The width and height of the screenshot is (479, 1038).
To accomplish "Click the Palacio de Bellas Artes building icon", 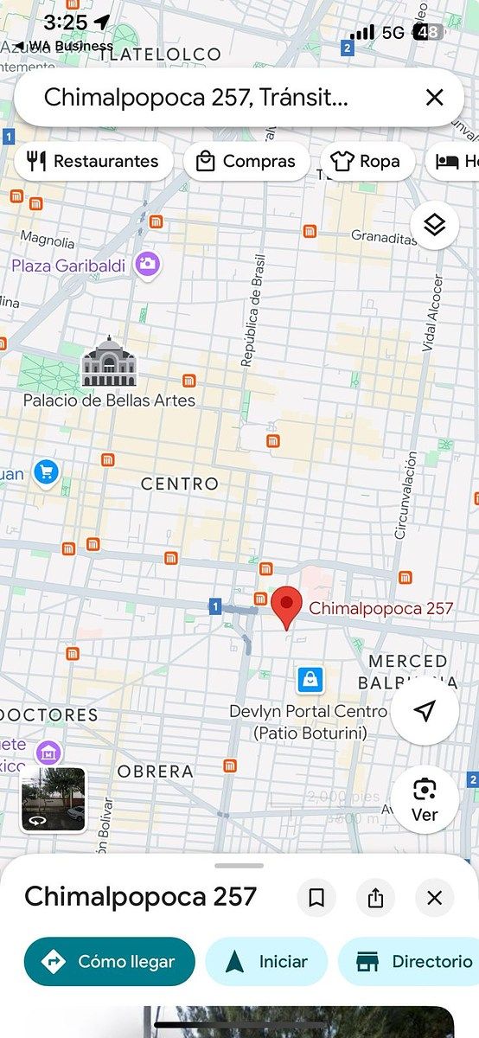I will [108, 362].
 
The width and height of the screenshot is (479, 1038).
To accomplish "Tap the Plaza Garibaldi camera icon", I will [148, 265].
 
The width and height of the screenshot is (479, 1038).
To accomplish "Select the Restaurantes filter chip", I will [93, 162].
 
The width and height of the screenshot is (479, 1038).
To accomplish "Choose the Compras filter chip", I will [246, 162].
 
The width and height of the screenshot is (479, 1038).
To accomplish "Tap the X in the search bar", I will [434, 97].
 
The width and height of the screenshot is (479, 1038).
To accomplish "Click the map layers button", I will [434, 226].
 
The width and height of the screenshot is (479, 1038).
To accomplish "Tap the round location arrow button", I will [425, 711].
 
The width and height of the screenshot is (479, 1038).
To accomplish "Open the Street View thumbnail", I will [54, 799].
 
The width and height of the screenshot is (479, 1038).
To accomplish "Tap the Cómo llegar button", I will [110, 961].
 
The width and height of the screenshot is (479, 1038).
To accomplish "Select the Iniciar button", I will [266, 961].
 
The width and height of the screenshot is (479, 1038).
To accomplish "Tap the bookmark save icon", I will [316, 898].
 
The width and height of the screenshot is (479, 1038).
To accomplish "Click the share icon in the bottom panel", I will [375, 898].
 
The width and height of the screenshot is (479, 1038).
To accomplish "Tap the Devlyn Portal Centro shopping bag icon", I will [310, 680].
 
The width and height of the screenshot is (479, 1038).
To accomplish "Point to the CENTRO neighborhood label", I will [180, 484].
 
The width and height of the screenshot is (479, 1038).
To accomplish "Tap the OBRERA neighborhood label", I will [156, 771].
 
